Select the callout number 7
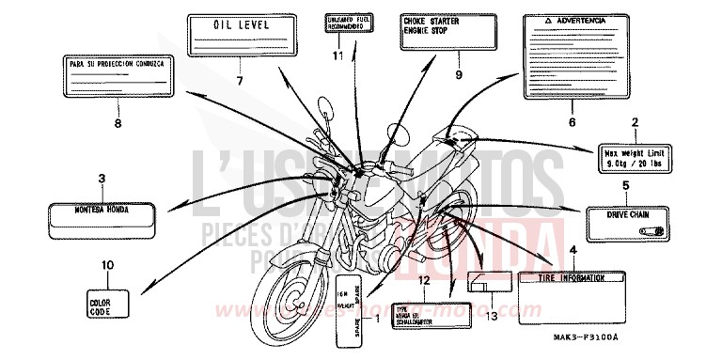tap(239, 82)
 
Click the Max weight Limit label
tap(635, 156)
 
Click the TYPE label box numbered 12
tap(423, 313)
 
